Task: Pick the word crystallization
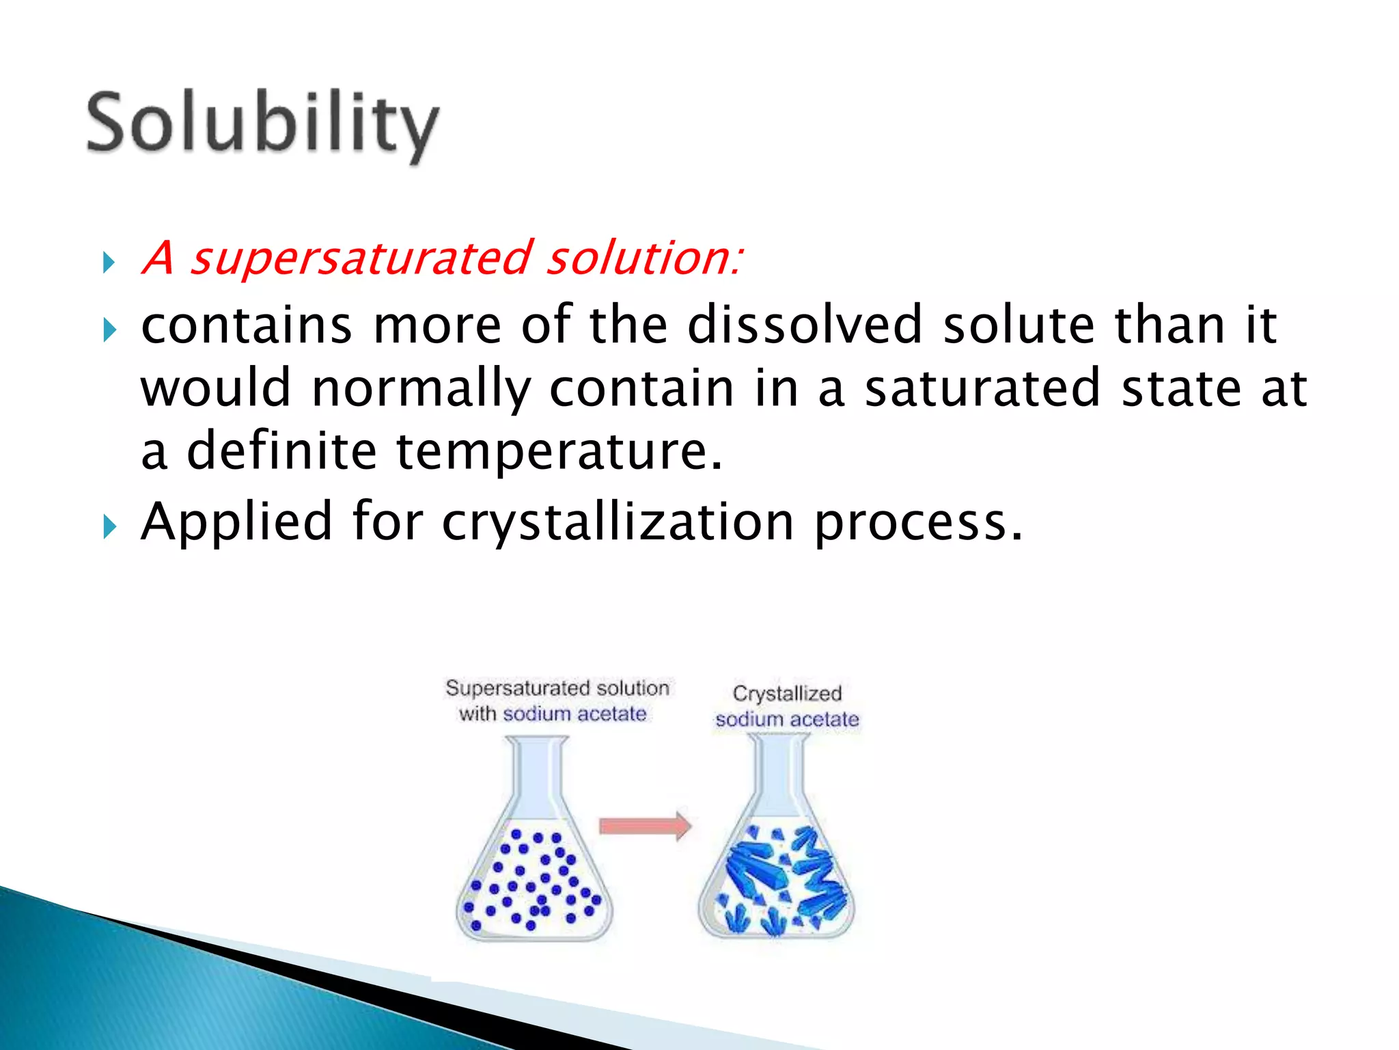618,522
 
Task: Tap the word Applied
236,522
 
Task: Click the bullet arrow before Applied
109,527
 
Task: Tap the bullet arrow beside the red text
109,262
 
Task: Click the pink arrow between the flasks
644,826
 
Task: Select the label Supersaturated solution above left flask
557,688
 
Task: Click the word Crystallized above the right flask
787,693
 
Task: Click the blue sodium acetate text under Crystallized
787,719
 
